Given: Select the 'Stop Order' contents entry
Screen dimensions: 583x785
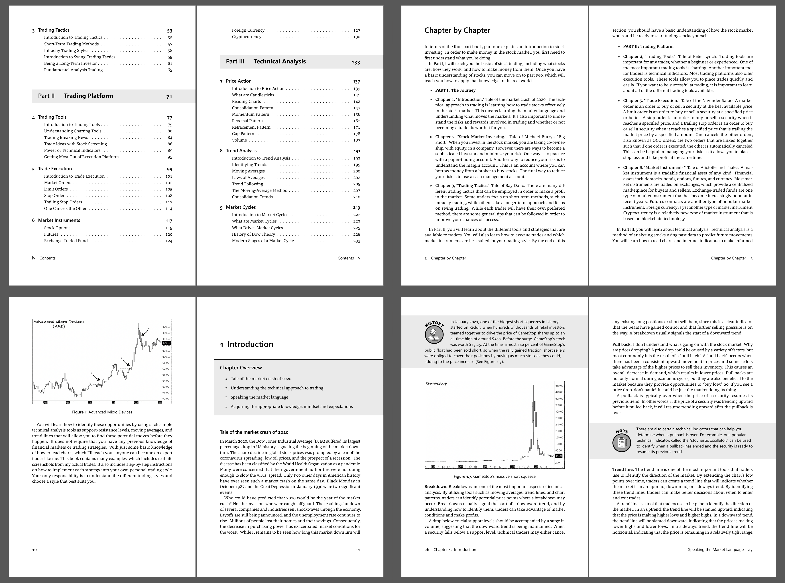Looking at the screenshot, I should tap(54, 196).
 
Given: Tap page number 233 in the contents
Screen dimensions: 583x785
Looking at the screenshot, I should tap(357, 241).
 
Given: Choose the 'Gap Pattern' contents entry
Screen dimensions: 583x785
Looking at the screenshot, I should tap(243, 134).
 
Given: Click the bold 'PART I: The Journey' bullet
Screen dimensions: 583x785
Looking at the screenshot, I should tap(455, 90).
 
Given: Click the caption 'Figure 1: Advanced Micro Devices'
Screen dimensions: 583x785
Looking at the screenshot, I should tap(102, 412).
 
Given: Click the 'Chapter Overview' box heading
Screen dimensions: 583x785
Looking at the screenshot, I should tap(241, 368).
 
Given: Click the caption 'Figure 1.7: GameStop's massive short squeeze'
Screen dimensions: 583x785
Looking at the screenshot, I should tap(494, 476).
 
